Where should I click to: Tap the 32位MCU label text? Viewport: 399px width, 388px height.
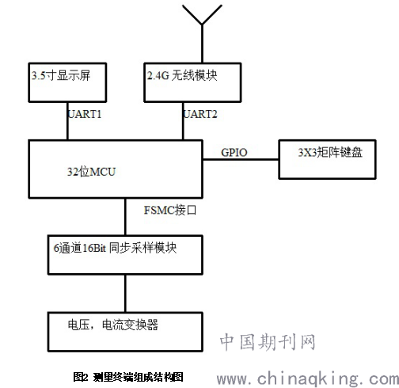91,172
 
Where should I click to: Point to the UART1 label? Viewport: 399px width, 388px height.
85,114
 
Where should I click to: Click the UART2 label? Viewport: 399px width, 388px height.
200,114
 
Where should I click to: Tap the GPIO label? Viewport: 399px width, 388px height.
234,152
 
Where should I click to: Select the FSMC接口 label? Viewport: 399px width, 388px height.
170,210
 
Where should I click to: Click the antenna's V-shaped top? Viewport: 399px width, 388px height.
202,15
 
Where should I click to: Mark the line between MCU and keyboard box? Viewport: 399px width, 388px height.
241,159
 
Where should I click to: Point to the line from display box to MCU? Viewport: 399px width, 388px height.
68,121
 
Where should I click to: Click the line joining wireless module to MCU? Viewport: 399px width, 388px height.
183,121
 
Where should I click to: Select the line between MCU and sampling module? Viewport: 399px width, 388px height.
125,216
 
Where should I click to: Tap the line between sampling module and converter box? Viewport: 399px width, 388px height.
125,294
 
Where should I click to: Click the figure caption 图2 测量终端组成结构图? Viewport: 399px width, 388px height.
128,377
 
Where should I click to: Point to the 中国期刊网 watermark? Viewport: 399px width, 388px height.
268,342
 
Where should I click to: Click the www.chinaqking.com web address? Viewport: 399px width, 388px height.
308,378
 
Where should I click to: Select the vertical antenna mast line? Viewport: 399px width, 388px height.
202,44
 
